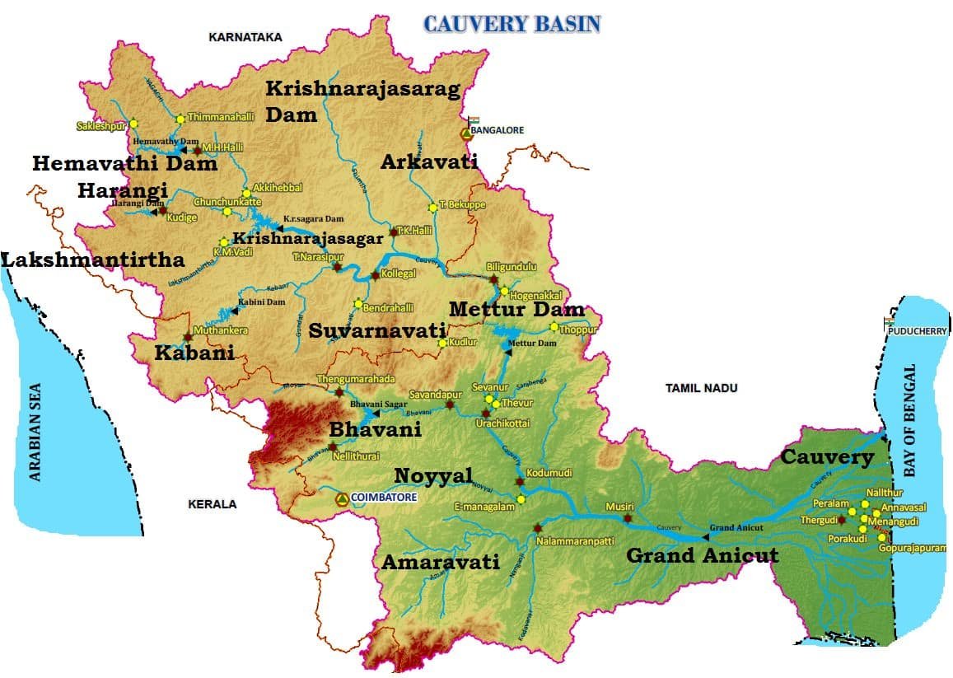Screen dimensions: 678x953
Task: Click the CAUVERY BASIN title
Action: (x=512, y=24)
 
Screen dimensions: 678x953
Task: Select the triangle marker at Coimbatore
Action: (x=341, y=499)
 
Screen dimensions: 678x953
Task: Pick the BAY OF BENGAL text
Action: (x=909, y=421)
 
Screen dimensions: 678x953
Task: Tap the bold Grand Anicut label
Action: (x=702, y=556)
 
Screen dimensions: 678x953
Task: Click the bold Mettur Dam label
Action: (x=516, y=310)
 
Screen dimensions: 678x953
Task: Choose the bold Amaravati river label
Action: (x=441, y=562)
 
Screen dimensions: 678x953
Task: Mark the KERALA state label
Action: (x=212, y=504)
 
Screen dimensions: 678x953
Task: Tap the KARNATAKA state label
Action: (x=245, y=37)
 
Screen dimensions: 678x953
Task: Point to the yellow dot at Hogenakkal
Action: (x=504, y=292)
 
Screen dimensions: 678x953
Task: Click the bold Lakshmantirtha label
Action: (x=92, y=260)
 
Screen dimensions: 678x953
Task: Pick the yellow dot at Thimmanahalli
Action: (x=180, y=119)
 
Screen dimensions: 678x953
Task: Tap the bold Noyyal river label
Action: (x=433, y=475)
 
